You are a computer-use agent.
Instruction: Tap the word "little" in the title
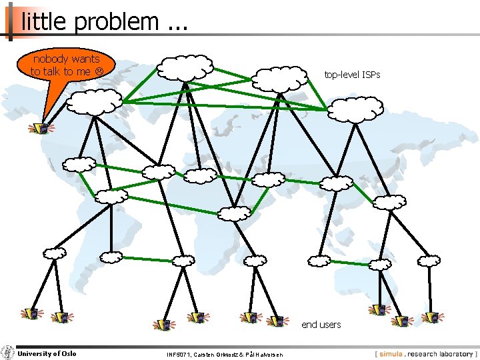(x=45, y=22)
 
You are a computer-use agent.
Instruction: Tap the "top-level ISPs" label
(x=352, y=75)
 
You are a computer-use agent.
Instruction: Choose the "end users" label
(x=321, y=325)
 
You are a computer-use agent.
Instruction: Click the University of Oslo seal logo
(x=8, y=353)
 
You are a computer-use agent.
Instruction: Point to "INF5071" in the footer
(x=181, y=354)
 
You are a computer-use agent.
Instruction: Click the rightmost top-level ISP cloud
(x=355, y=109)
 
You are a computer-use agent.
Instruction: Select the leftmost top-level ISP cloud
(x=95, y=102)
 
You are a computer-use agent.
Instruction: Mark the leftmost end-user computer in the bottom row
(x=31, y=313)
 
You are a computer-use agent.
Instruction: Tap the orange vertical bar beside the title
(x=11, y=22)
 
